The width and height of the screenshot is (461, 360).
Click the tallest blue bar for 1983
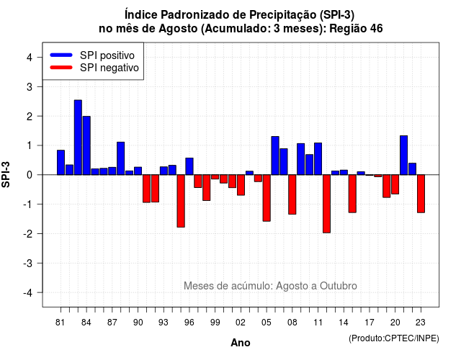click(78, 138)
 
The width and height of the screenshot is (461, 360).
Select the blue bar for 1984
click(86, 145)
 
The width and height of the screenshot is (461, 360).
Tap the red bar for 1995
click(181, 201)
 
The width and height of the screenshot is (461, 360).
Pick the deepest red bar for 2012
click(326, 204)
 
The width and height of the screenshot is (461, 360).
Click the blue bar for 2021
click(403, 156)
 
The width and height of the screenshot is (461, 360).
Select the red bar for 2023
click(421, 194)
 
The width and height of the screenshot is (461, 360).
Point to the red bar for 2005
click(267, 198)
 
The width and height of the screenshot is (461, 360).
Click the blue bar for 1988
click(121, 158)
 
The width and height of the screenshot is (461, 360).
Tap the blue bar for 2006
click(275, 156)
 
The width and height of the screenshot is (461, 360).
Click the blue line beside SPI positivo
click(61, 55)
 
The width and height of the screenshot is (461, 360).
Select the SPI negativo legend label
click(109, 68)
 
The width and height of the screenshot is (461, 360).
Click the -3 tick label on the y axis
click(28, 264)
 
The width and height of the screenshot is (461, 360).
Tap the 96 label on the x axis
click(189, 323)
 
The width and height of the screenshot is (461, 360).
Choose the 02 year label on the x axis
click(241, 323)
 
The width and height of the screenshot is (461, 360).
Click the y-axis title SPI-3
click(6, 174)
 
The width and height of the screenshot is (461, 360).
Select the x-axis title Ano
click(241, 343)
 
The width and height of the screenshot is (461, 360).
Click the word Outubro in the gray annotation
click(339, 286)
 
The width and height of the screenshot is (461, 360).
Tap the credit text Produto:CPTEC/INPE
click(394, 338)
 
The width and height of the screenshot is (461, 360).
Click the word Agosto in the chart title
click(178, 29)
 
